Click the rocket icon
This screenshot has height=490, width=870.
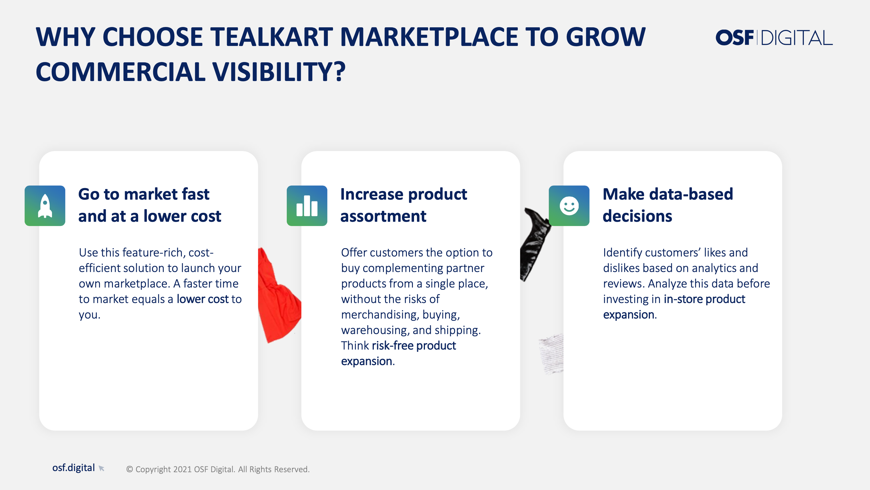[45, 206]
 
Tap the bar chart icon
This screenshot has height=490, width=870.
[307, 206]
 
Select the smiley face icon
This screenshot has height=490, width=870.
[569, 206]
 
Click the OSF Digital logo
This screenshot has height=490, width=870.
[774, 38]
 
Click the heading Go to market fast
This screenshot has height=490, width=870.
[144, 194]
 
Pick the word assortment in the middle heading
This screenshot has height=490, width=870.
[383, 216]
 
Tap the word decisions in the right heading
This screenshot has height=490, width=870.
[637, 216]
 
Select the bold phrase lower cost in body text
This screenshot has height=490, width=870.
[203, 299]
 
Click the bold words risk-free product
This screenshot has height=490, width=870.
[414, 346]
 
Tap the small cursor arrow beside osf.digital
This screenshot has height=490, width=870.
[101, 468]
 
